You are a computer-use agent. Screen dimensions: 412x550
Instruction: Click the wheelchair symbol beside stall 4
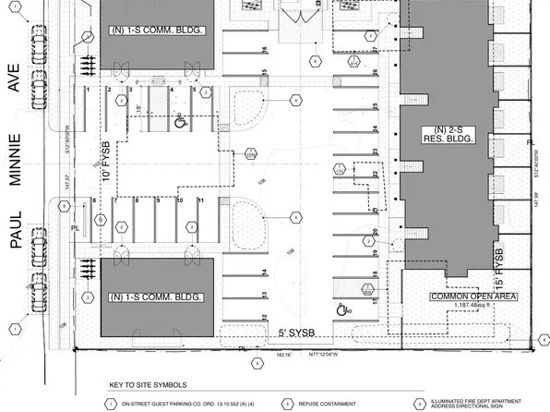[x=180, y=117]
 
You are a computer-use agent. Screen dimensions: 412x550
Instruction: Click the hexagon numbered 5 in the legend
[x=288, y=404]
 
